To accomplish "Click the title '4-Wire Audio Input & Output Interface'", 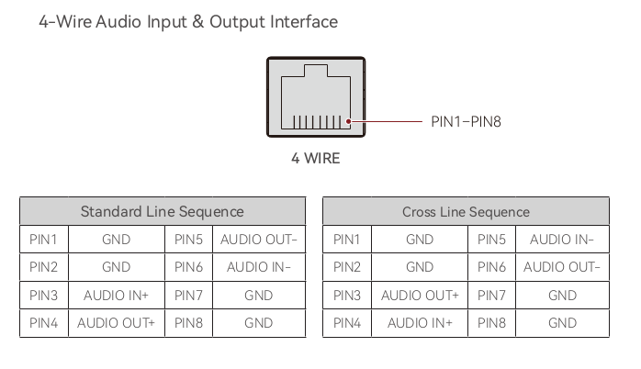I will (x=188, y=21).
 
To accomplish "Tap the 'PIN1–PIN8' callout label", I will (x=466, y=121).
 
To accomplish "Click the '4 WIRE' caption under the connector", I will (x=315, y=158).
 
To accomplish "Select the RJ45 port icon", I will (x=316, y=97).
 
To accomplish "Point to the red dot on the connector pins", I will (x=349, y=121).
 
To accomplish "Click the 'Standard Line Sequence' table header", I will (x=163, y=211).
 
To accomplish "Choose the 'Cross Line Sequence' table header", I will (x=466, y=211).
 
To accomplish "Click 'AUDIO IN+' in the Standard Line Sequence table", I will (x=116, y=296).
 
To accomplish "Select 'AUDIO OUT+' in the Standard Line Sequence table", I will (x=116, y=323).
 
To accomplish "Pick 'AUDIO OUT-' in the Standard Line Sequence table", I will (x=258, y=240).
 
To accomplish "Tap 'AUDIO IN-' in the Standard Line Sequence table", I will (x=258, y=267).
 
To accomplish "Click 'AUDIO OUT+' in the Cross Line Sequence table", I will (x=420, y=296).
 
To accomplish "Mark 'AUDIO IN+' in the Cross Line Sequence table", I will (x=420, y=323).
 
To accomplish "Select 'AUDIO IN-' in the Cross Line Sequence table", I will (x=562, y=240).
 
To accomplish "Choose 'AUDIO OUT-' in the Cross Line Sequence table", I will (x=562, y=267).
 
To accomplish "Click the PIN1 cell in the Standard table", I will (x=43, y=240).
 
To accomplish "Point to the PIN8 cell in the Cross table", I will (x=491, y=323).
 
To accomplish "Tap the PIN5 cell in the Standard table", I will (x=188, y=240).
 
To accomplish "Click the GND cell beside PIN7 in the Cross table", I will (x=562, y=296).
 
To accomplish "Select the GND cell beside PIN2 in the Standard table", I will (x=116, y=267).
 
